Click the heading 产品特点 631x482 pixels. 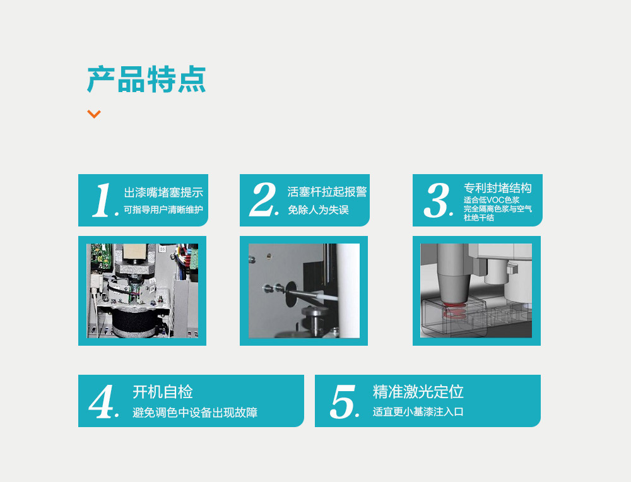point(146,79)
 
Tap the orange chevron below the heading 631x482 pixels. point(94,114)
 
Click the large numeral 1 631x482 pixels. point(102,200)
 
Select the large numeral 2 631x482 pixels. point(263,199)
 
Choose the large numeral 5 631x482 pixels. point(343,401)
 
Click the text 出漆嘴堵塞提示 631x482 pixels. point(163,192)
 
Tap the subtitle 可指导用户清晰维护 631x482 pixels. point(163,209)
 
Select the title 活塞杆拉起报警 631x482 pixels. point(327,192)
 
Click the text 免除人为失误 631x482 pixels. point(318,209)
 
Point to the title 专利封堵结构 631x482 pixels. point(497,188)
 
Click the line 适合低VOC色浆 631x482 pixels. point(492,200)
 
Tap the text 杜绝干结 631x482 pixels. point(479,218)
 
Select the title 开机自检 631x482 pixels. point(163,392)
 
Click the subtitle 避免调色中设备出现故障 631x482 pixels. point(195,413)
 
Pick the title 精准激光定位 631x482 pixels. point(418,392)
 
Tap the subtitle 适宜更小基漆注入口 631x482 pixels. point(418,411)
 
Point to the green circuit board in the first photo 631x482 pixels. point(100,256)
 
